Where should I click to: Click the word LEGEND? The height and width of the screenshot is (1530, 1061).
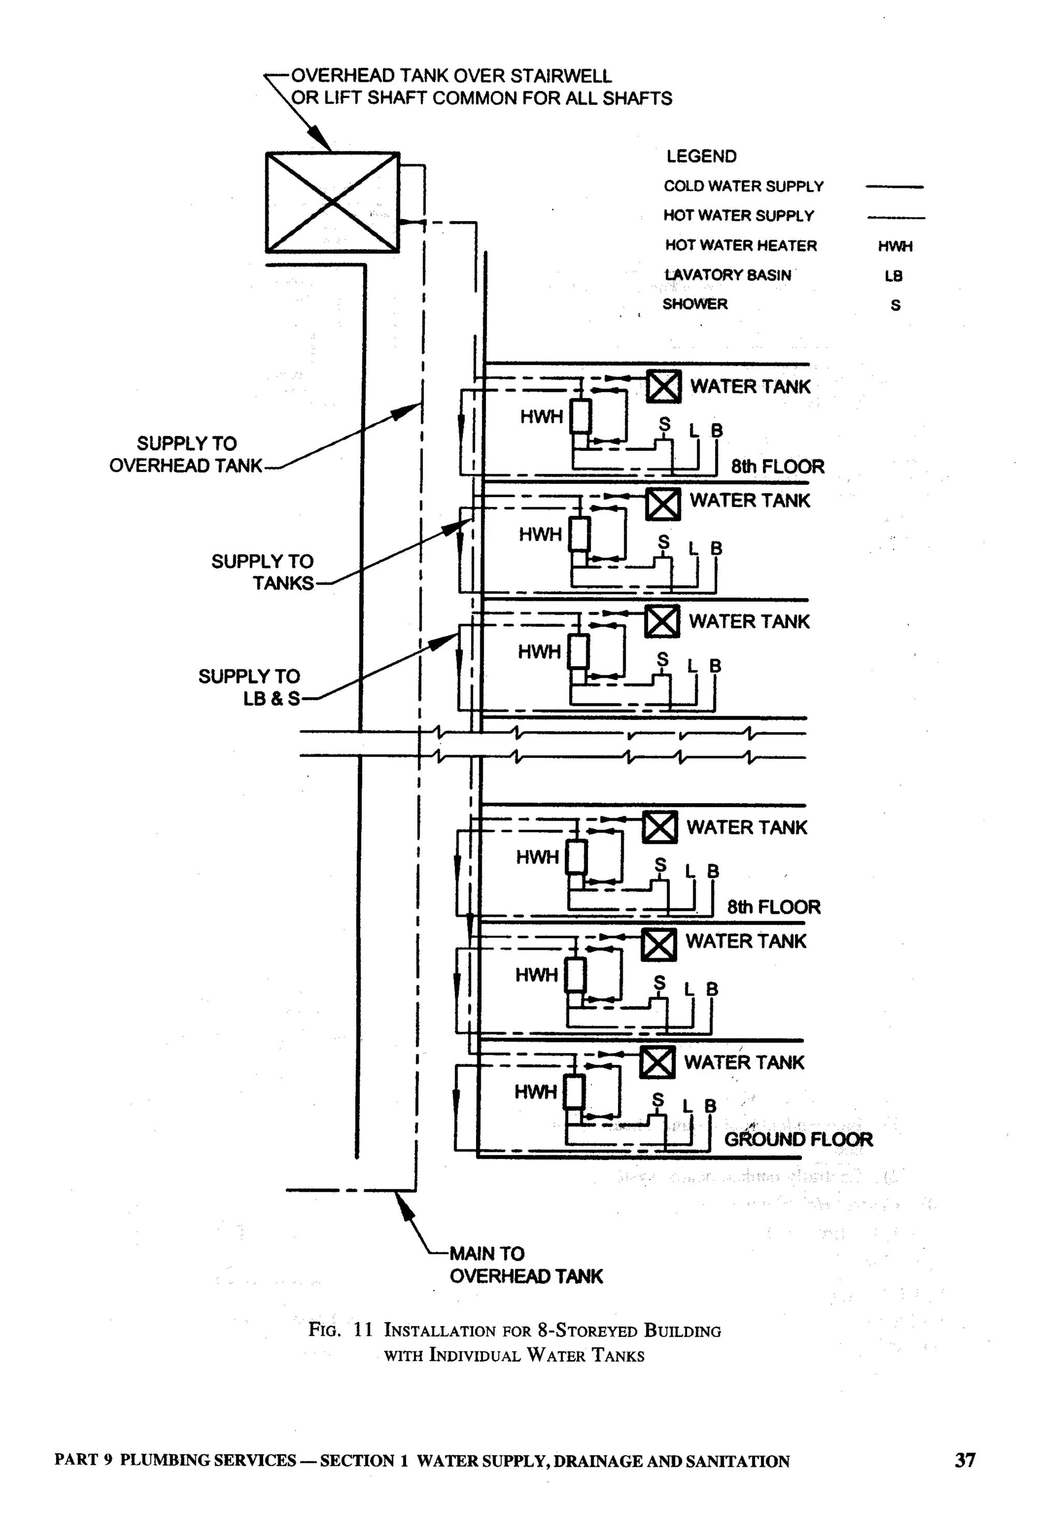(x=701, y=156)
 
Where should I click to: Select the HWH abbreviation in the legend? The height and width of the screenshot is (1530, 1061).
(x=895, y=247)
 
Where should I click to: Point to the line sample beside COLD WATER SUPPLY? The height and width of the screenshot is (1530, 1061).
(x=894, y=187)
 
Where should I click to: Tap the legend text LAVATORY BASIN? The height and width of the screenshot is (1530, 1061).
(x=728, y=275)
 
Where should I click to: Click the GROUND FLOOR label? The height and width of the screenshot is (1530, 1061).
(x=798, y=1139)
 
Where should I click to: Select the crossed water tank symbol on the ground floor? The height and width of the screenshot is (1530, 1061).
(x=657, y=1062)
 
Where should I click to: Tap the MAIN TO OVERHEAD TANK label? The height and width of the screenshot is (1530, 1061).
(x=525, y=1265)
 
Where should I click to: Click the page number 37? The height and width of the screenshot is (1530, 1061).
(x=965, y=1460)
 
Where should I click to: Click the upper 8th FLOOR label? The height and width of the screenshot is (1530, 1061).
(x=777, y=467)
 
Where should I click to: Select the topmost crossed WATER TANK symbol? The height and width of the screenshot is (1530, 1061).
(x=664, y=386)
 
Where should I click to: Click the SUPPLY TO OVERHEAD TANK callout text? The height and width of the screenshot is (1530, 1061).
(x=186, y=455)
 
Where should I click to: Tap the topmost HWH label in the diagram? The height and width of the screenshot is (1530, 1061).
(x=541, y=417)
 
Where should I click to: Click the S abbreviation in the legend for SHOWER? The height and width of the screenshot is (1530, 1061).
(x=895, y=306)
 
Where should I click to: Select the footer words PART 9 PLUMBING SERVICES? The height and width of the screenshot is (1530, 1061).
(x=175, y=1460)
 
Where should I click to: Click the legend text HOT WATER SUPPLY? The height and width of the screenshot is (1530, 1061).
(x=738, y=216)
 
